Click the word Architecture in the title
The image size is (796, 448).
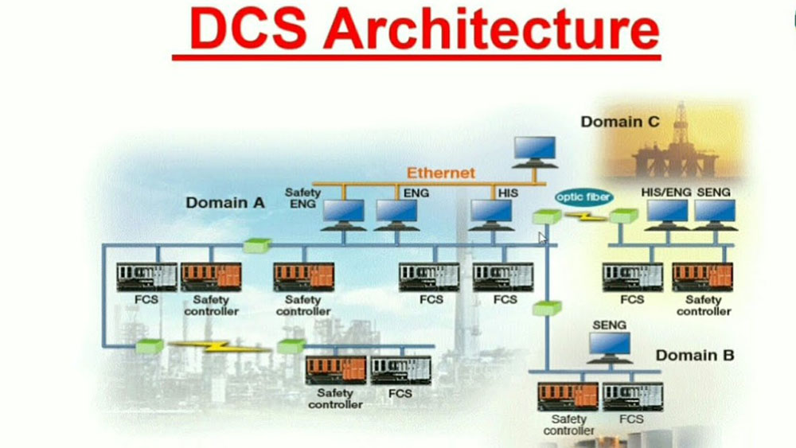coord(491,29)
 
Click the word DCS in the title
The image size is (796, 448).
coord(249,29)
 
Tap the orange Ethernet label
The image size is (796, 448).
coord(441,173)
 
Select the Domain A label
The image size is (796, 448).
coord(225,202)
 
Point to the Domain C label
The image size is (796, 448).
coord(620,122)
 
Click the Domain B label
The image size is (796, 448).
coord(695,355)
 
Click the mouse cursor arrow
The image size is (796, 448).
coord(542,237)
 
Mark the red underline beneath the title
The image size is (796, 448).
coord(416,56)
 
